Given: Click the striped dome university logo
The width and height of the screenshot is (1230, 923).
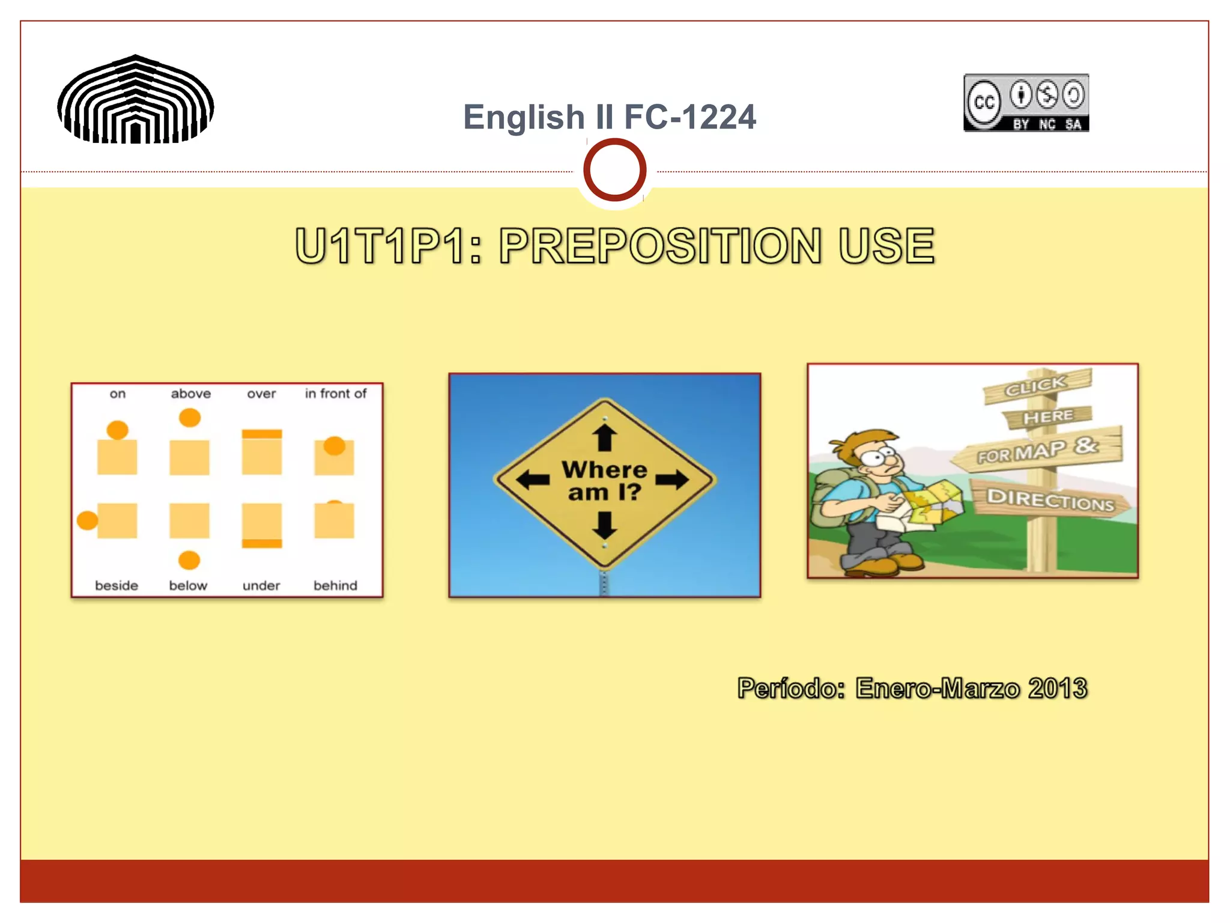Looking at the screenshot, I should (136, 100).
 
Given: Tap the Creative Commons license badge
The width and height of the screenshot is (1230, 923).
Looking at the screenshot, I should (1026, 103).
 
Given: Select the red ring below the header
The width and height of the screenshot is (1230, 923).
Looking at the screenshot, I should (614, 170).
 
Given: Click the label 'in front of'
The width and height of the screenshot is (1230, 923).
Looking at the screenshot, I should (335, 394).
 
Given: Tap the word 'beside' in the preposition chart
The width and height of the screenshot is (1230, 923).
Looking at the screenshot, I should (117, 585).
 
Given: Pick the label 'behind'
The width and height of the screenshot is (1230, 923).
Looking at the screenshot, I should (335, 585).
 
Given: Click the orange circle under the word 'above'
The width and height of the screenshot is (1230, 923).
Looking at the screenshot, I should (190, 418).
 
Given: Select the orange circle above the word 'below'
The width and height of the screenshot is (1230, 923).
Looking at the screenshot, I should (189, 560).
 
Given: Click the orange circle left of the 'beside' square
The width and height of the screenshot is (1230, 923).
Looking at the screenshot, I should (88, 520).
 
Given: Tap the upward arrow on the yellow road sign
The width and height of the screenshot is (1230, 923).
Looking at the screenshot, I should (605, 437).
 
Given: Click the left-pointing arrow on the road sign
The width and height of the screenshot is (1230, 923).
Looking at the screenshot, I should (533, 480).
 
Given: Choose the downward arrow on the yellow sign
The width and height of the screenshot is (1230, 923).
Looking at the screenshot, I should (605, 525).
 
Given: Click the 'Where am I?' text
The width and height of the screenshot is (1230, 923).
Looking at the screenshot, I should (604, 481).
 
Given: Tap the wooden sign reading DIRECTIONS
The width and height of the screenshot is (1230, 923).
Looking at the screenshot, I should (1050, 499).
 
